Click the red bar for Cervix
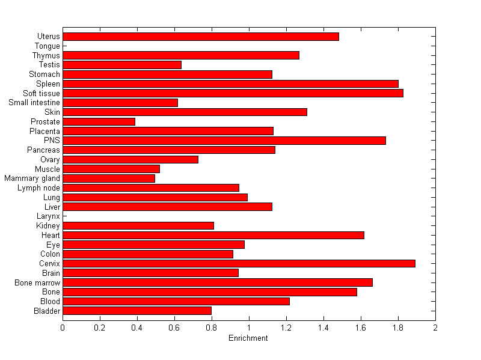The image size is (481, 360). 239,263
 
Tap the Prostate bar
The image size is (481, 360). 99,121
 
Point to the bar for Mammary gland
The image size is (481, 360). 109,178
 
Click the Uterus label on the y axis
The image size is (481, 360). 48,37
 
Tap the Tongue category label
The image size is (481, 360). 47,46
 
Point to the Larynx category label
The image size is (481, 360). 48,216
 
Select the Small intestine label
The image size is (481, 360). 34,103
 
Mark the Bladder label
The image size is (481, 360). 47,311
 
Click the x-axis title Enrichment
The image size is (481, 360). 248,338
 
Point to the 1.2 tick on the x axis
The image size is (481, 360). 286,328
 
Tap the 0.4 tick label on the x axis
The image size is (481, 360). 137,328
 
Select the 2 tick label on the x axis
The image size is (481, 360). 435,328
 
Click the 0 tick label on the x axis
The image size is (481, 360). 63,328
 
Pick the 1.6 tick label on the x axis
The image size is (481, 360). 361,328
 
